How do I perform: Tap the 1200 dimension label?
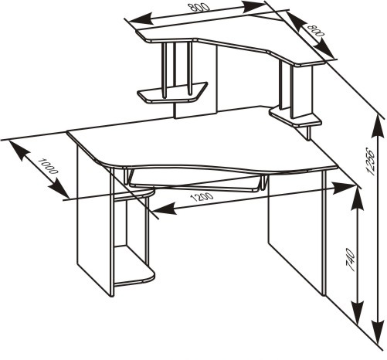(202, 197)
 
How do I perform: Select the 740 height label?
(351, 260)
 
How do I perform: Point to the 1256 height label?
(369, 161)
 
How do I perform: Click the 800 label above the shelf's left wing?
(201, 8)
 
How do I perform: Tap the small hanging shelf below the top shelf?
(172, 93)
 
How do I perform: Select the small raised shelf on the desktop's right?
(295, 117)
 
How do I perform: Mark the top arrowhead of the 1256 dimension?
(378, 126)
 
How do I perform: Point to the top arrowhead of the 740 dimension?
(357, 199)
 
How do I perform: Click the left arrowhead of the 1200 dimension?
(163, 209)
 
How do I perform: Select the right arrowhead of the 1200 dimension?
(345, 187)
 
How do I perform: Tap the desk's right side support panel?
(296, 232)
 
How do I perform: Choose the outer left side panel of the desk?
(94, 219)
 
